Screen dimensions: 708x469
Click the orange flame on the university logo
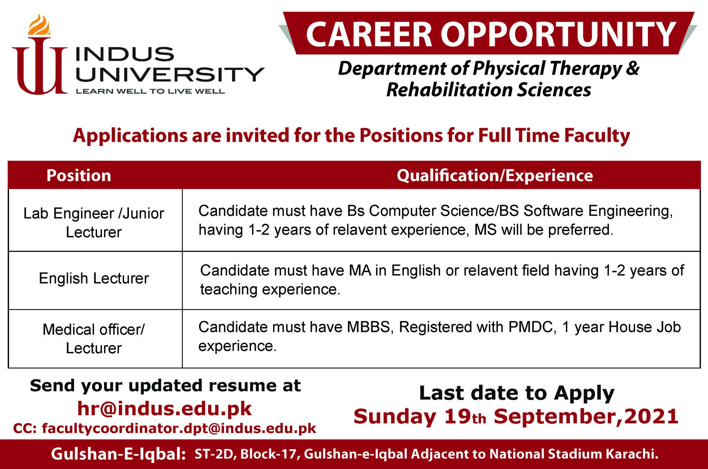(39, 25)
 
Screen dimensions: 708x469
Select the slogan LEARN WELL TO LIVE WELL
(150, 92)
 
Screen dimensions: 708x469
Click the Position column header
(79, 175)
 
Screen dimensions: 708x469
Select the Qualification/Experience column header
(495, 175)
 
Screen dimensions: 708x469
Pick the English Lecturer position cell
(94, 278)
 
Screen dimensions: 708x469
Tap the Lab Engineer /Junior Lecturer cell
(94, 223)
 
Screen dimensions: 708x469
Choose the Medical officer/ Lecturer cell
(94, 338)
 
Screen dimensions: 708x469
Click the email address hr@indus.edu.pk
(165, 409)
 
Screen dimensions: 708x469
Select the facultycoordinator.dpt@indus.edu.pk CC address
(179, 429)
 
